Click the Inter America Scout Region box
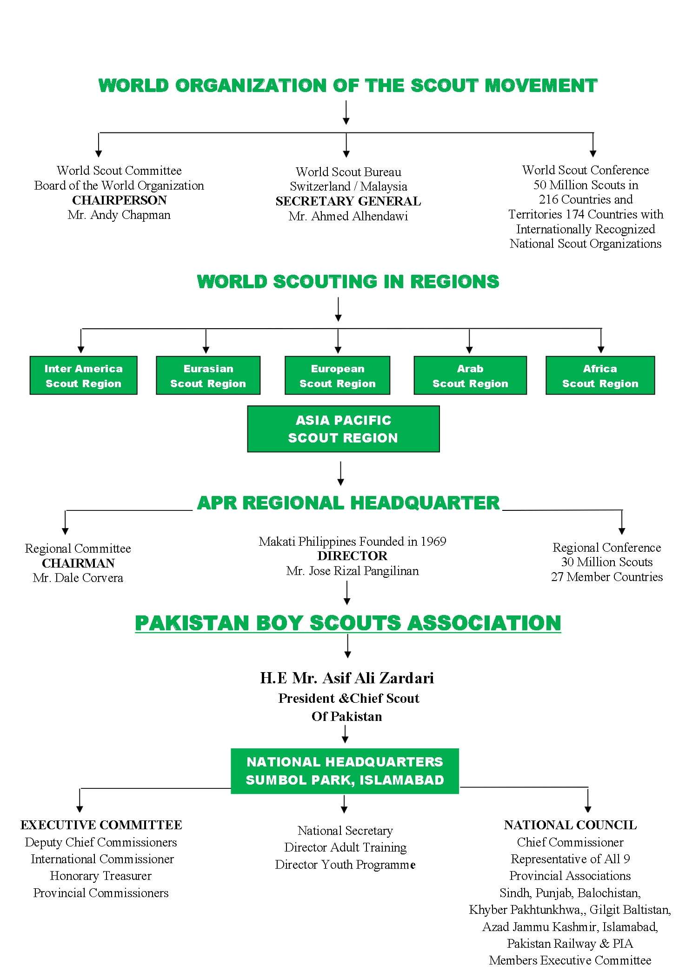[84, 376]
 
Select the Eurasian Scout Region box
[208, 376]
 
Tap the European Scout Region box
[337, 376]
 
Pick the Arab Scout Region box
[470, 376]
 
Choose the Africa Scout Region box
[600, 376]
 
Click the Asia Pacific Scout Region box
[343, 429]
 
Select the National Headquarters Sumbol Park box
[345, 771]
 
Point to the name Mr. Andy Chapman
[119, 215]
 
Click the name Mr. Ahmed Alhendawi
[348, 216]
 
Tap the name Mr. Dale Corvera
[78, 578]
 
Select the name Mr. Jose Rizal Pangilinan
[353, 571]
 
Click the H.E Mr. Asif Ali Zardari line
[347, 678]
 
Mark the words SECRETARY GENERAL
[348, 201]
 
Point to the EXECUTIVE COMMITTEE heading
[101, 825]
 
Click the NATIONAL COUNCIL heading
[570, 825]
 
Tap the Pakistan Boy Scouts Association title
[348, 623]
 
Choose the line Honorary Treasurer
[101, 876]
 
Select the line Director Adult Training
[346, 847]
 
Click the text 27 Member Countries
[607, 577]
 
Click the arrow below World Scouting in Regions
[338, 310]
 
